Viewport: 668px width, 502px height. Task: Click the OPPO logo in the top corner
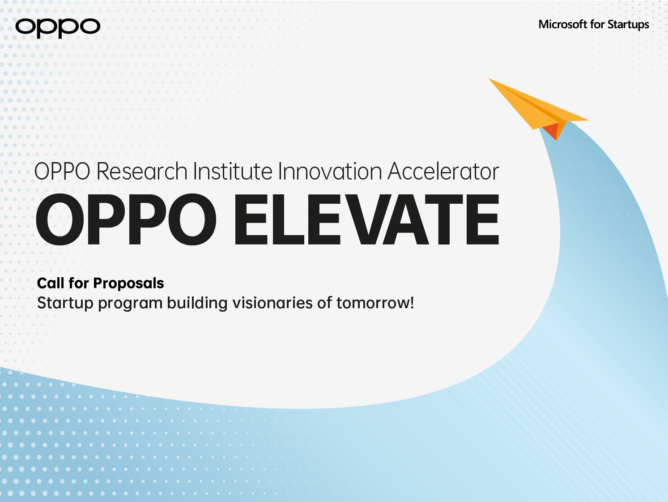(58, 28)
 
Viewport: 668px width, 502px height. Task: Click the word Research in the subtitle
(141, 171)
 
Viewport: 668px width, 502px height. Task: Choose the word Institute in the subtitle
(233, 171)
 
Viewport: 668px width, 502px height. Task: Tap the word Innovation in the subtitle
(330, 171)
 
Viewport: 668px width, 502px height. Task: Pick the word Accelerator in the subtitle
(443, 171)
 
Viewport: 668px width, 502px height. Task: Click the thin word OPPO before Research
(62, 171)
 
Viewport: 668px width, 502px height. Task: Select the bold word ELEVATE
(367, 219)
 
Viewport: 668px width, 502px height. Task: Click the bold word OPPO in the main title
(126, 219)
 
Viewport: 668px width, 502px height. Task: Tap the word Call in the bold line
(51, 283)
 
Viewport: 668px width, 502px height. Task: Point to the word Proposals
(128, 284)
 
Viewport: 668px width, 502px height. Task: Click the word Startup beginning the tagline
(65, 303)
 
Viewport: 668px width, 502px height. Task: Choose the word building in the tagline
(197, 304)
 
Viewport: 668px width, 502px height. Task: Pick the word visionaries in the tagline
(272, 303)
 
